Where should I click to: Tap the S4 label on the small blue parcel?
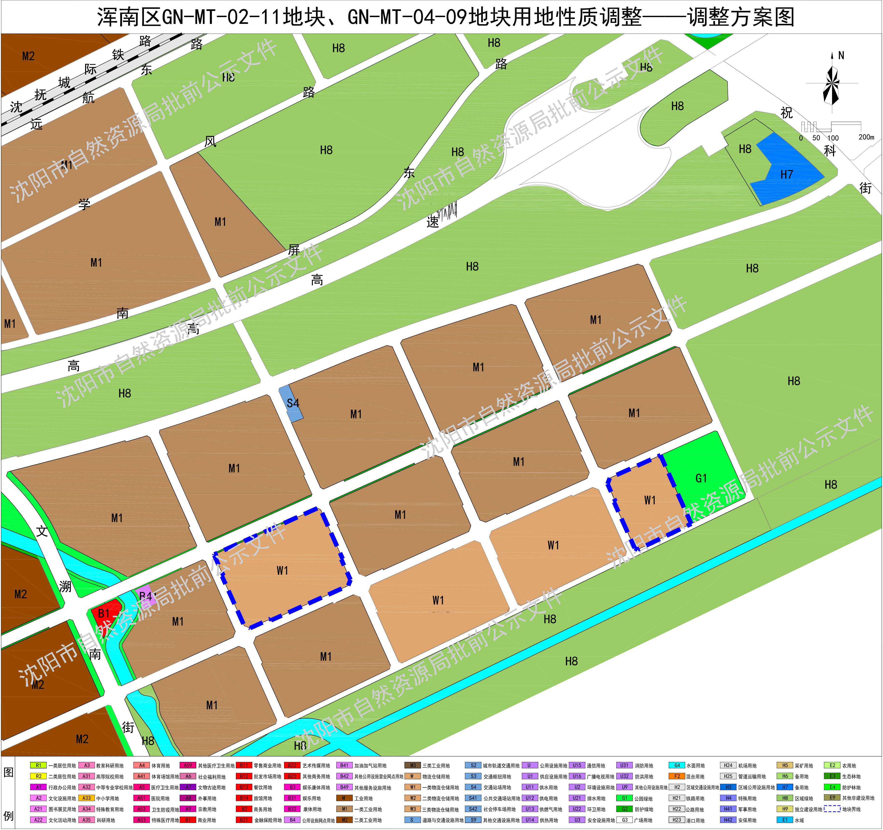tap(293, 403)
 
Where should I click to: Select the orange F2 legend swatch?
tap(677, 776)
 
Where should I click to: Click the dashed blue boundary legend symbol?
tap(832, 809)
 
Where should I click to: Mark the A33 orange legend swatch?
tap(87, 798)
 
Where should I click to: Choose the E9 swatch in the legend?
tap(832, 798)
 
